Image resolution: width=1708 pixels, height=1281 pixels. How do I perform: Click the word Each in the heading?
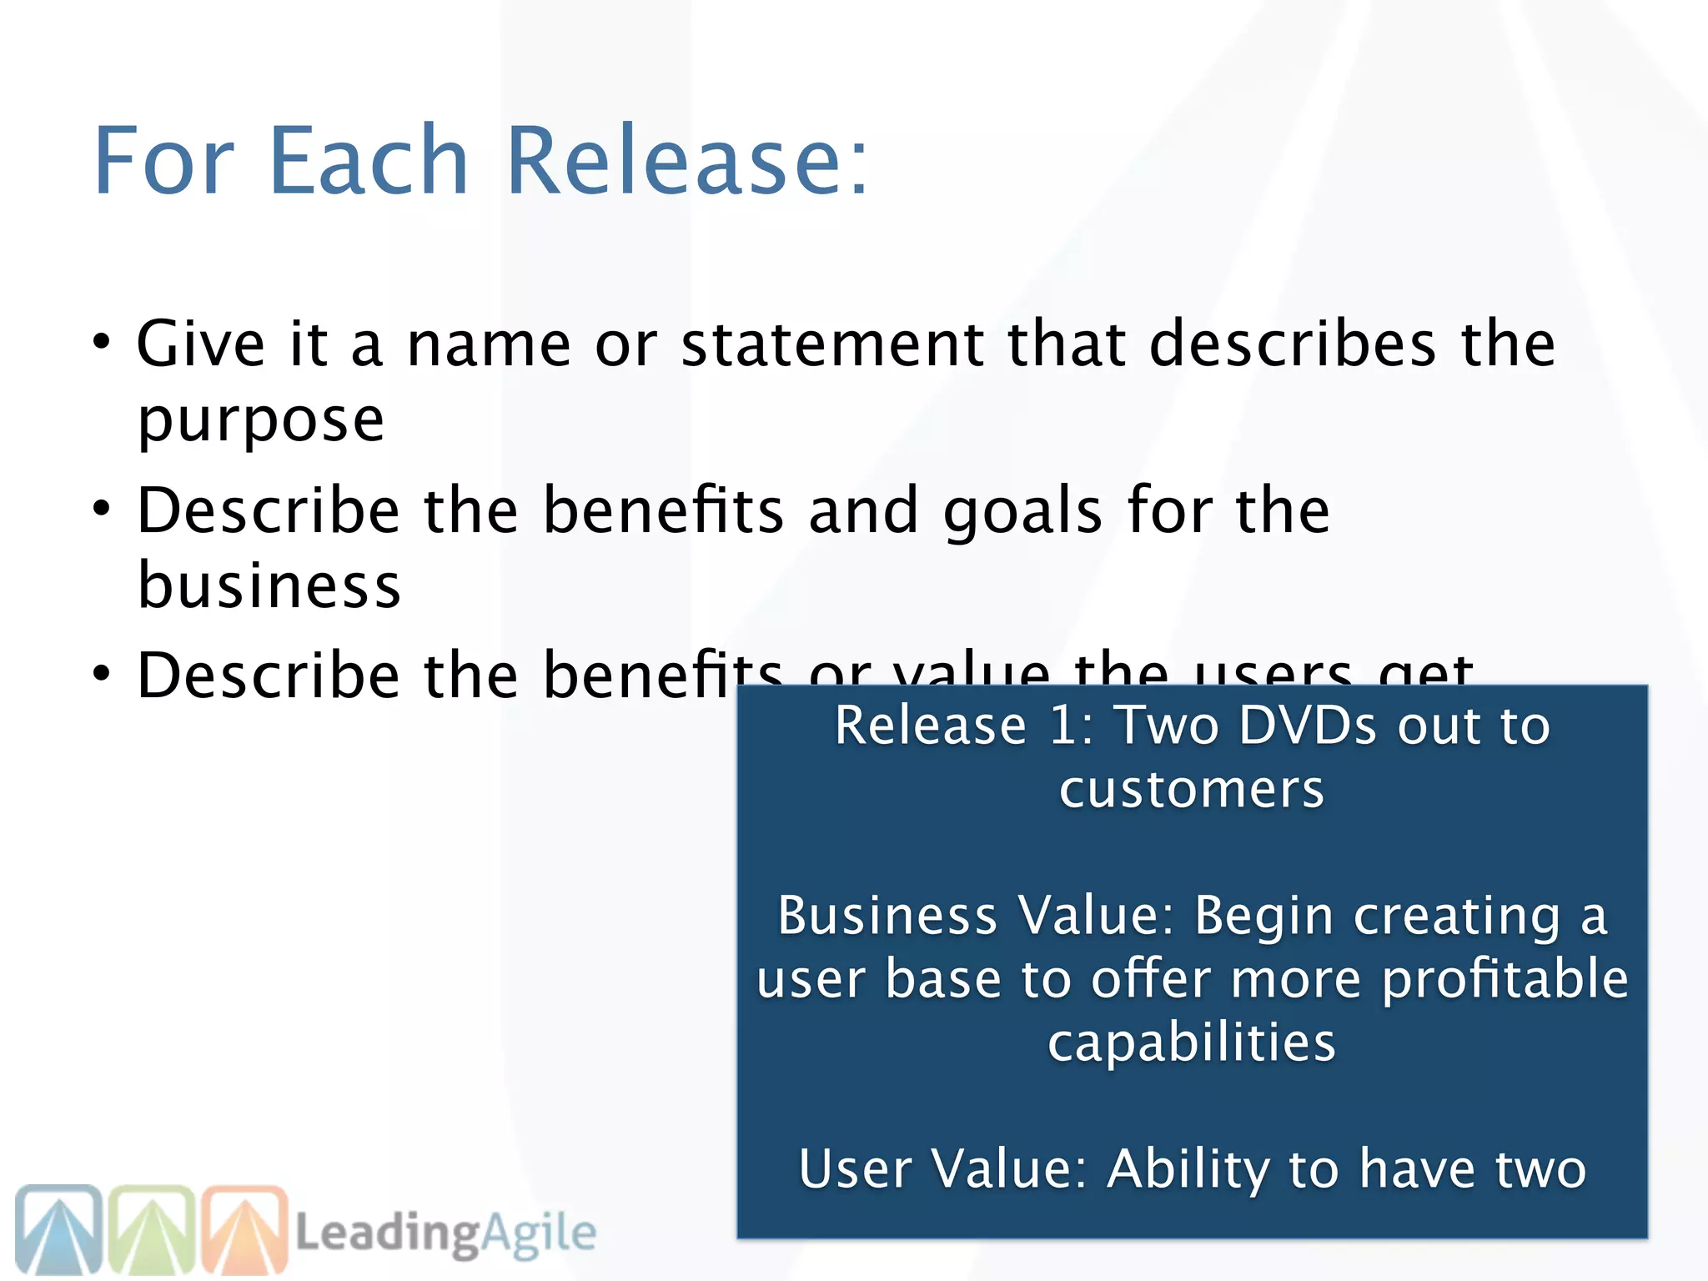[x=369, y=160]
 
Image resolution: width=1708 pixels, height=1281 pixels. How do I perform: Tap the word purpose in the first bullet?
[x=260, y=421]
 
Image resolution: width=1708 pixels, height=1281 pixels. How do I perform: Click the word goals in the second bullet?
[x=1022, y=510]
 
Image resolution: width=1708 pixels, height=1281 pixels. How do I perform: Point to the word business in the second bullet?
[x=269, y=585]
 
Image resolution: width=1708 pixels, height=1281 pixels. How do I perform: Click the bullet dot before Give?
[x=102, y=342]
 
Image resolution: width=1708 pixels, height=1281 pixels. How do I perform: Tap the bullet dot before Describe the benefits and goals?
[x=102, y=509]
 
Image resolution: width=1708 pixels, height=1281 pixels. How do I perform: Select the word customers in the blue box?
[x=1191, y=789]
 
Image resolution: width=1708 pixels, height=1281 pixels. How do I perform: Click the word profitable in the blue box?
[x=1505, y=979]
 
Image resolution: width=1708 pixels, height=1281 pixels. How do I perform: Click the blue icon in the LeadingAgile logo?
[x=58, y=1229]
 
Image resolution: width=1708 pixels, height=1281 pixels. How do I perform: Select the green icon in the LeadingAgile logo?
[x=153, y=1229]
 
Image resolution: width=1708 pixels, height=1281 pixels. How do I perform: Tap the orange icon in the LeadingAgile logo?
[x=245, y=1229]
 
